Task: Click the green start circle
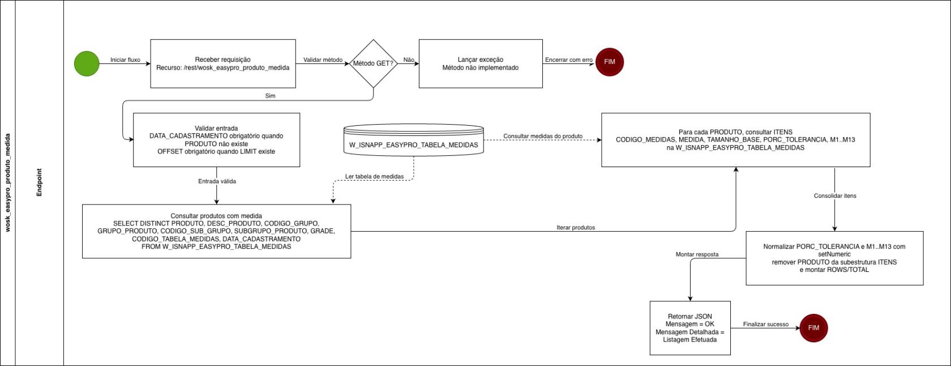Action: (x=87, y=63)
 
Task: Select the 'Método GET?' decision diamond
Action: (x=373, y=63)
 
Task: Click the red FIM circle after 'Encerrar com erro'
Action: (x=610, y=62)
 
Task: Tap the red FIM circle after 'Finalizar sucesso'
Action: (x=813, y=328)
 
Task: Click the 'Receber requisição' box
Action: (x=222, y=63)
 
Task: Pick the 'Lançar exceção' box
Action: (x=480, y=63)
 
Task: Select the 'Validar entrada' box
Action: (x=216, y=140)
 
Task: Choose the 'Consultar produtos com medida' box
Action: (x=216, y=231)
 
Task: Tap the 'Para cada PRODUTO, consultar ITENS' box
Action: (x=735, y=140)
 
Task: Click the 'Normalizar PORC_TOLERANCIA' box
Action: (x=834, y=258)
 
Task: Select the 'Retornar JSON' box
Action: (x=689, y=328)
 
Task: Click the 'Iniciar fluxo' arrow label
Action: (x=125, y=60)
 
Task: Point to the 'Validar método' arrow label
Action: (x=323, y=60)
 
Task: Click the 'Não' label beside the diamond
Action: (x=409, y=60)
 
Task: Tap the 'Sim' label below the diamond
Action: (x=270, y=96)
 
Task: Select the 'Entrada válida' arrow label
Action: (x=217, y=182)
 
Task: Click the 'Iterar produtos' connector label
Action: (x=576, y=228)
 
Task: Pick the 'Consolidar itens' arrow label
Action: (x=835, y=196)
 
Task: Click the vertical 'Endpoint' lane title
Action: (x=40, y=182)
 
